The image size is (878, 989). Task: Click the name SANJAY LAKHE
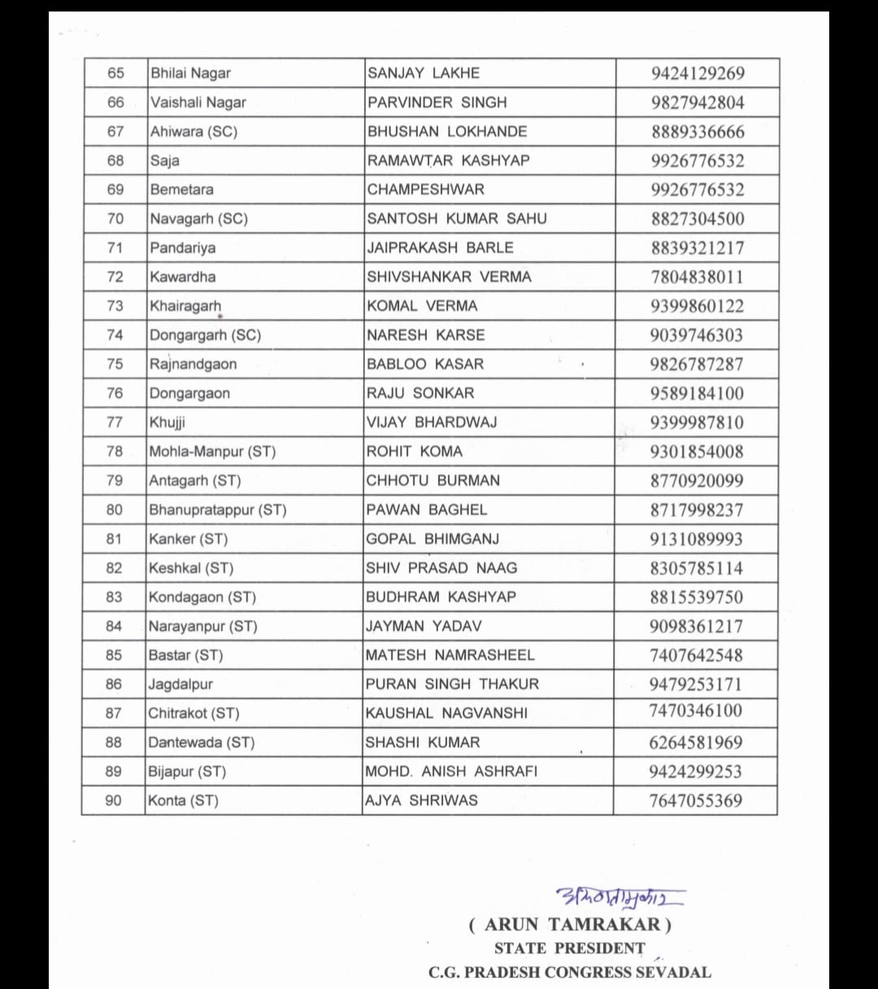(424, 73)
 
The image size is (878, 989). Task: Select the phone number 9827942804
(698, 102)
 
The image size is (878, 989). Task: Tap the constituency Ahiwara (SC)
(193, 132)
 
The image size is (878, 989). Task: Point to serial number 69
(115, 190)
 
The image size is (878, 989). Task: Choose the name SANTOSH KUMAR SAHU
(457, 219)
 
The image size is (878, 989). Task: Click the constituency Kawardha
(183, 277)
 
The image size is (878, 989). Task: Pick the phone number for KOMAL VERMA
(698, 306)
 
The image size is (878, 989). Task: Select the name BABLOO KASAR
(425, 364)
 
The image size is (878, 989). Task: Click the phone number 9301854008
(697, 451)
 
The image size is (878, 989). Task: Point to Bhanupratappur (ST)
(217, 510)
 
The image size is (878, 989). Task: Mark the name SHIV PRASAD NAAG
(441, 568)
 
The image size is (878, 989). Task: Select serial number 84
(114, 626)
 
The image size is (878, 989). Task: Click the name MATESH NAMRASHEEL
(450, 655)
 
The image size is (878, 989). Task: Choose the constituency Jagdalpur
(180, 684)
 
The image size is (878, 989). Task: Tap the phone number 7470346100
(696, 711)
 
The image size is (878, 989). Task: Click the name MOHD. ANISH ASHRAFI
(451, 771)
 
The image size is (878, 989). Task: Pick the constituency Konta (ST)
(183, 800)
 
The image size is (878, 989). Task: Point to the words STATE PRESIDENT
(569, 948)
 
